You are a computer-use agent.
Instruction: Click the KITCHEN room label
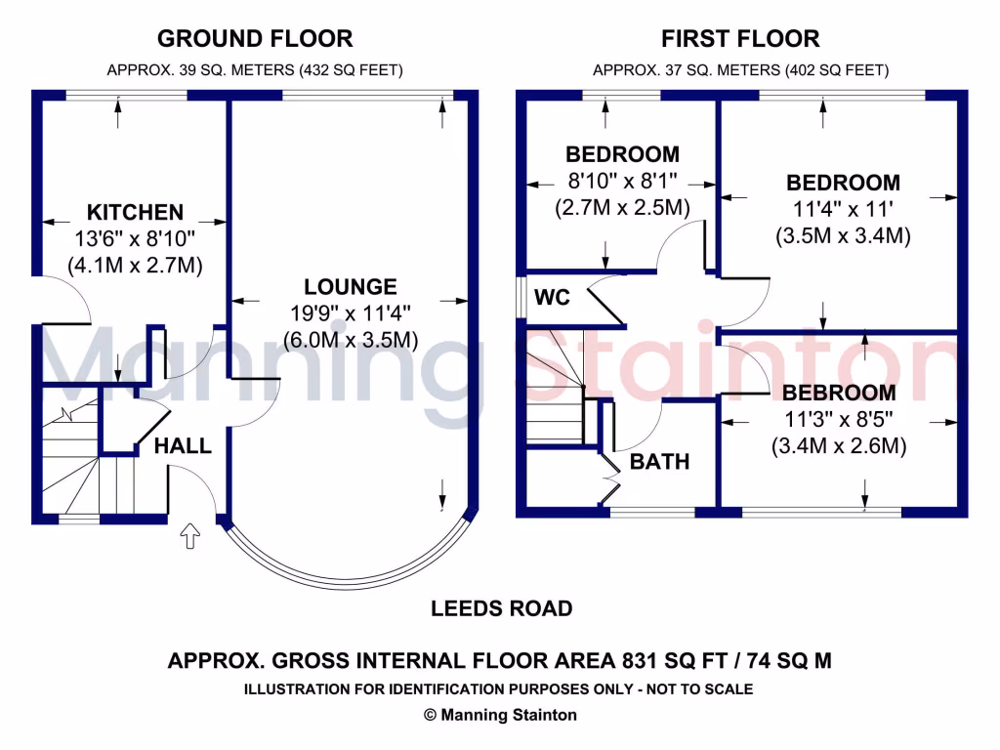(x=135, y=212)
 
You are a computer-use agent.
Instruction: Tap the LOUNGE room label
(x=351, y=287)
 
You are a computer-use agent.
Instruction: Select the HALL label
(x=183, y=445)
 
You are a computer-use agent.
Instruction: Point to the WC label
(x=553, y=297)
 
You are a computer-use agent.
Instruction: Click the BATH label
(x=659, y=462)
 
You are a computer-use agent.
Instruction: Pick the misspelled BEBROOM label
(x=839, y=393)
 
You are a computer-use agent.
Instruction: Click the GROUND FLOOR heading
(x=255, y=39)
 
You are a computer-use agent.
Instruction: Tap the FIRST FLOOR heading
(x=740, y=39)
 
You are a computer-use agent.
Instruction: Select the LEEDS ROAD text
(x=501, y=608)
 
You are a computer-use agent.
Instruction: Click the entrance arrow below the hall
(x=190, y=536)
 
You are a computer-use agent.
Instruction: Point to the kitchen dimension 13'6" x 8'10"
(x=135, y=239)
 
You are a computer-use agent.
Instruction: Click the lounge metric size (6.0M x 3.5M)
(x=351, y=340)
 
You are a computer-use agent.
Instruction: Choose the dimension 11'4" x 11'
(x=843, y=209)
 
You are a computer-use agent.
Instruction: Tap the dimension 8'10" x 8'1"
(x=622, y=181)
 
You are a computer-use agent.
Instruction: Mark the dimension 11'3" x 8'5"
(x=839, y=420)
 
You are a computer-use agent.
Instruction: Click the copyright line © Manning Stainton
(x=500, y=715)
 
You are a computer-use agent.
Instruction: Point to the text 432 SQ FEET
(x=351, y=69)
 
